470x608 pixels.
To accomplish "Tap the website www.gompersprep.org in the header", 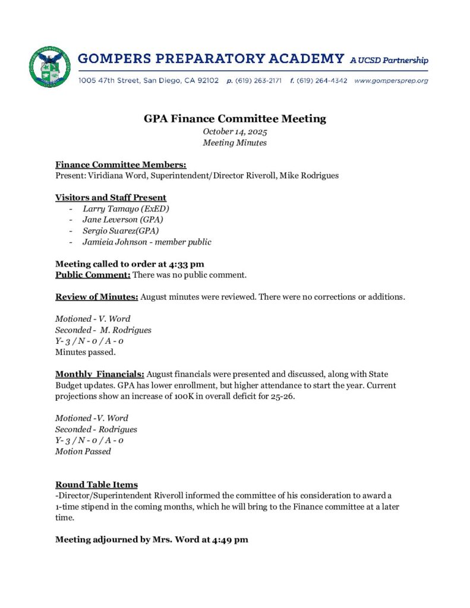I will click(391, 80).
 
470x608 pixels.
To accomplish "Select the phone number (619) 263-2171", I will click(258, 80).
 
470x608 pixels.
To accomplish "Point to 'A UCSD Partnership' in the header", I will click(389, 60).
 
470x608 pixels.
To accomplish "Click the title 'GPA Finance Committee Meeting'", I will click(235, 118).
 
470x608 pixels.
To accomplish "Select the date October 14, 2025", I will click(235, 131).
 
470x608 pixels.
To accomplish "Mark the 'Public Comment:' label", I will click(93, 274).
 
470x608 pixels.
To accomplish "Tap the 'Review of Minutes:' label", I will click(96, 296).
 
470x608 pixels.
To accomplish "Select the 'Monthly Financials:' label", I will click(100, 374).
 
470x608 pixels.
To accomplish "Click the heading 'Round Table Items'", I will click(96, 484).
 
